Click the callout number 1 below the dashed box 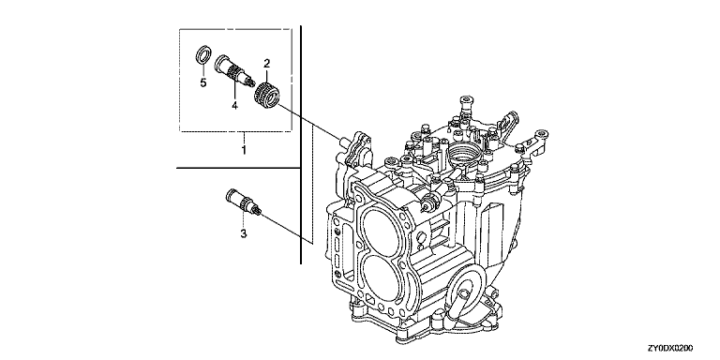[244, 150]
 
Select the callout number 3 [244, 233]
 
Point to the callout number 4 [234, 106]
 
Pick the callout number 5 [202, 82]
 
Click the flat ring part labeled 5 [204, 53]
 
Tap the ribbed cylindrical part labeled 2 [267, 94]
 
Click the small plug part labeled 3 [244, 202]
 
